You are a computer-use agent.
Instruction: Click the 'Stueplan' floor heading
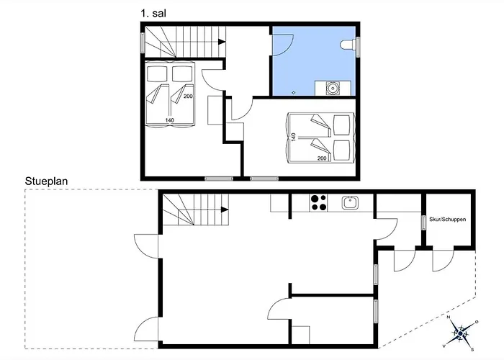(46, 181)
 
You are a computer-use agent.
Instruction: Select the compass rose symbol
(460, 333)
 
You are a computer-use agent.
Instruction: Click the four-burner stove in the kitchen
(319, 202)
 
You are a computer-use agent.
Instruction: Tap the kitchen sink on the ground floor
(351, 202)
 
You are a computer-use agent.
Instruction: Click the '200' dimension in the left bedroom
(187, 96)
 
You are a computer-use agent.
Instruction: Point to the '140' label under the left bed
(170, 120)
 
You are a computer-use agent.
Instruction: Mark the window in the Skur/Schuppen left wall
(423, 222)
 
